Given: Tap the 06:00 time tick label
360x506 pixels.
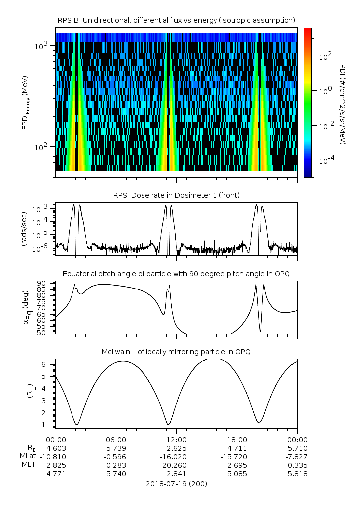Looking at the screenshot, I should point(116,439).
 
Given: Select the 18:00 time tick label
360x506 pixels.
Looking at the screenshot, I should point(237,439).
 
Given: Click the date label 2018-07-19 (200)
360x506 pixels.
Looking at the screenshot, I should point(176,483).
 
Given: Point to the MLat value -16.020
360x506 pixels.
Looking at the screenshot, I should point(176,456).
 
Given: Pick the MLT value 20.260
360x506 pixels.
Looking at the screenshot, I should point(176,465).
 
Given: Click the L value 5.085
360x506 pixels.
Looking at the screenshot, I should point(237,473).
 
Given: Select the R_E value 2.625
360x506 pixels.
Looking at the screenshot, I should point(176,448).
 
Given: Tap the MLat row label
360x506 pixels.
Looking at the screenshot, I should point(28,456).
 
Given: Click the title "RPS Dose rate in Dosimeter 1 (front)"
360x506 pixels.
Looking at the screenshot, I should point(176,195).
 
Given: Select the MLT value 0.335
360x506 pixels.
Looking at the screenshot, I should point(297,465).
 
